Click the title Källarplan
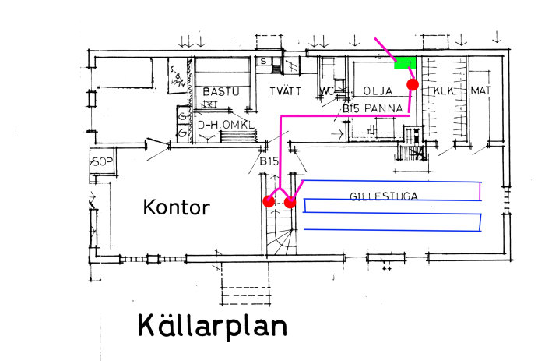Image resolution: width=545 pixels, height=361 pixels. pyautogui.click(x=212, y=325)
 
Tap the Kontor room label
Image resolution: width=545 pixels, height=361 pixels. pyautogui.click(x=176, y=207)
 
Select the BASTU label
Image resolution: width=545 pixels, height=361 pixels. pyautogui.click(x=221, y=92)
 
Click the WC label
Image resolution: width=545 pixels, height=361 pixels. pyautogui.click(x=327, y=92)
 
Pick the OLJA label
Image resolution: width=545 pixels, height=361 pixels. pyautogui.click(x=378, y=91)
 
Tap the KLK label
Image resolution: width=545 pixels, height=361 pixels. pyautogui.click(x=444, y=91)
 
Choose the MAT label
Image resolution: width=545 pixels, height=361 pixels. pyautogui.click(x=481, y=91)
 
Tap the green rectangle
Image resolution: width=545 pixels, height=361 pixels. pyautogui.click(x=405, y=63)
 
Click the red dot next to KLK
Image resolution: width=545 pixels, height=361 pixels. pyautogui.click(x=413, y=83)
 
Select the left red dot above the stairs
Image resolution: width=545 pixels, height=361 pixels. pyautogui.click(x=269, y=201)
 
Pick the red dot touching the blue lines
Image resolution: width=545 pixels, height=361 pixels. pyautogui.click(x=290, y=202)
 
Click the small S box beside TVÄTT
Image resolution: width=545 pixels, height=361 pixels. pyautogui.click(x=265, y=60)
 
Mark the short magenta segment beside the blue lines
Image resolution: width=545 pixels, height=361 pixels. pyautogui.click(x=480, y=190)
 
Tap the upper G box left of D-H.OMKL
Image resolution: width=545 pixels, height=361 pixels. pyautogui.click(x=182, y=118)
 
